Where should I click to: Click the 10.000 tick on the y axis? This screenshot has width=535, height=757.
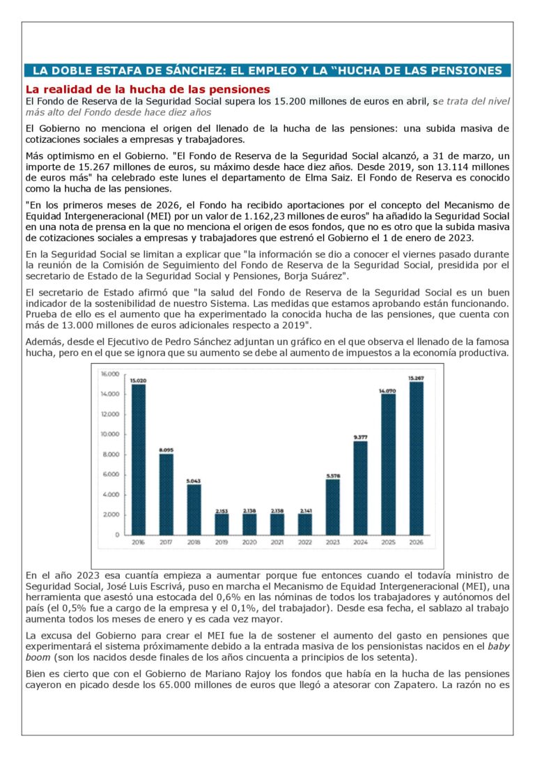pyautogui.click(x=111, y=434)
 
